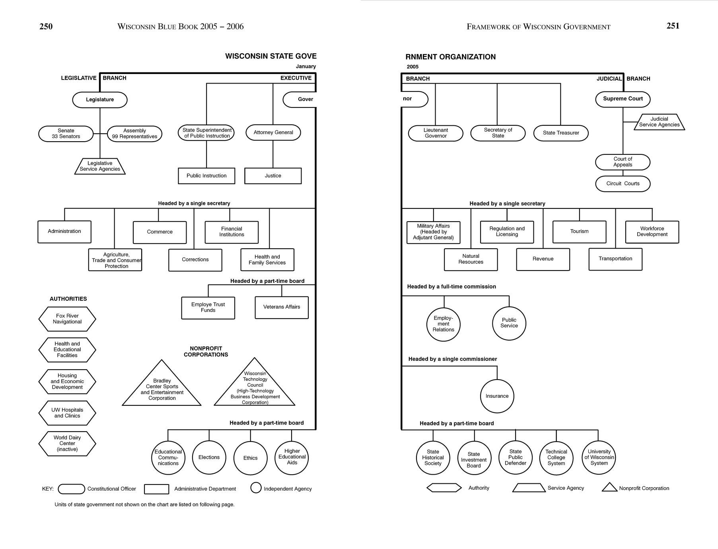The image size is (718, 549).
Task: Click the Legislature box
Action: point(100,100)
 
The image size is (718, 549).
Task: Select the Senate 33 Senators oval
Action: point(66,134)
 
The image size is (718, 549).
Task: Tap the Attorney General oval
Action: point(273,132)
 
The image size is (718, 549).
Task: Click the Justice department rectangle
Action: point(273,176)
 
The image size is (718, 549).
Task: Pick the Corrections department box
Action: point(195,260)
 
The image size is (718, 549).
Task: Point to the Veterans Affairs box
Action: point(282,307)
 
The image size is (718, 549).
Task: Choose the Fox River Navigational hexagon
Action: point(67,319)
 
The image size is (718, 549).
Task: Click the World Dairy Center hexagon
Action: point(67,444)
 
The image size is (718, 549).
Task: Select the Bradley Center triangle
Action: point(162,388)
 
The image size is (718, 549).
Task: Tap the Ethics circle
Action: point(250,458)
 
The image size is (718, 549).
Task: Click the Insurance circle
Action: point(497,396)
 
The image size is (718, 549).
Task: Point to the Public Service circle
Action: point(509,323)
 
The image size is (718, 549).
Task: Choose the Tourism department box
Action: point(579,232)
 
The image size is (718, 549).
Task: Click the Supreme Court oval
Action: point(623,99)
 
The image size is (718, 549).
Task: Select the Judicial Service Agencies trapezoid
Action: point(659,122)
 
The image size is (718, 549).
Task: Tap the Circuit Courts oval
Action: point(623,184)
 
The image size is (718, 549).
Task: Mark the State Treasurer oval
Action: point(561,133)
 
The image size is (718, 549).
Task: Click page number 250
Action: point(46,27)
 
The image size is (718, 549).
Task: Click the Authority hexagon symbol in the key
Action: point(444,488)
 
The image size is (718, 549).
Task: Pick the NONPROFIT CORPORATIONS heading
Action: point(206,352)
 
